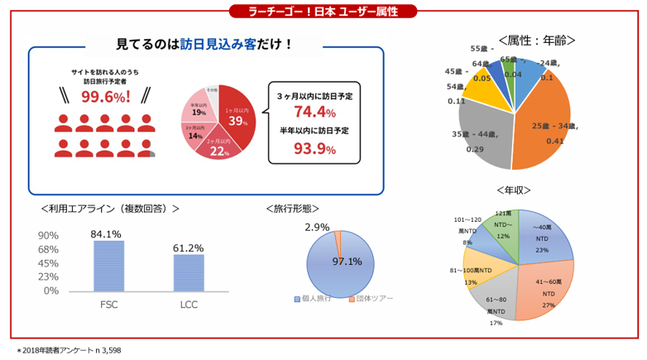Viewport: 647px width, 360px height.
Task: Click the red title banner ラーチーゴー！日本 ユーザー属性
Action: pos(323,11)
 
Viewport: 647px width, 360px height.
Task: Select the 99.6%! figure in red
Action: pos(105,98)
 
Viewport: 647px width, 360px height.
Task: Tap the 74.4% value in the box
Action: pos(314,112)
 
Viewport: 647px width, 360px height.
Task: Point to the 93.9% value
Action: pos(314,149)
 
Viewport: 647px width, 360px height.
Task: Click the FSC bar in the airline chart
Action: pos(108,266)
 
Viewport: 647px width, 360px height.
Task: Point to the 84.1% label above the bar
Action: pos(106,234)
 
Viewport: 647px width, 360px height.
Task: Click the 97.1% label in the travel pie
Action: pos(347,262)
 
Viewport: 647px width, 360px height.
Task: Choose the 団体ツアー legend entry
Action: pos(371,298)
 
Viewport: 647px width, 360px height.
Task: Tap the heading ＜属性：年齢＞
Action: pos(537,39)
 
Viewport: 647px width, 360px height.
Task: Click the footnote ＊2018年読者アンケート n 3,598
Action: pos(69,351)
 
